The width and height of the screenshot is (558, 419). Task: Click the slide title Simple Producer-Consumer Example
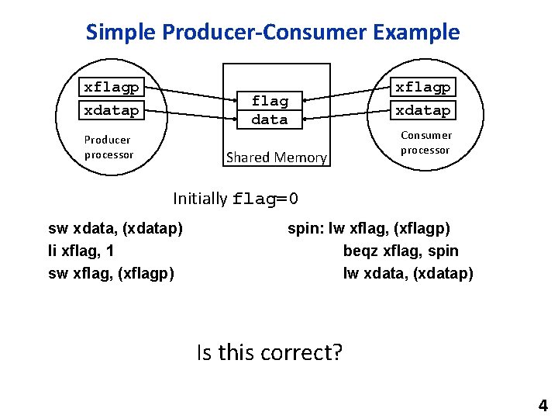273,33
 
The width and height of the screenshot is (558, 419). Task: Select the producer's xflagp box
112,87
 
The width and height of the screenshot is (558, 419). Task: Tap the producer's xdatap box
112,110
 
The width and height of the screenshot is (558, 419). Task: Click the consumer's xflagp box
423,87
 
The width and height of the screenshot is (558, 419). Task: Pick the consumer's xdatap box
423,110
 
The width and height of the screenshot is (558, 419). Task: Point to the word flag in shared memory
270,101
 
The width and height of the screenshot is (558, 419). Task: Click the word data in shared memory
270,119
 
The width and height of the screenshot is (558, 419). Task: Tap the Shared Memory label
276,158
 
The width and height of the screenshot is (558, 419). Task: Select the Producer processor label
108,147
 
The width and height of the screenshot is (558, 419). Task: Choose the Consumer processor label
426,142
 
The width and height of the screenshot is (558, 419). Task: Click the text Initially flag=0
236,199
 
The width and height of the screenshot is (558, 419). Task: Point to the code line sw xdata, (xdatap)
115,228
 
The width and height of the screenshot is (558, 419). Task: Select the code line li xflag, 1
81,251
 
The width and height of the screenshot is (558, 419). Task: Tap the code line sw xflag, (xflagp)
111,273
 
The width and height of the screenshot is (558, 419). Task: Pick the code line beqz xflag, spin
401,251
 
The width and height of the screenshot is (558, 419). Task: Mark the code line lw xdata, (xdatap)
408,273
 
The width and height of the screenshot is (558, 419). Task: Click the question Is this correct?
270,353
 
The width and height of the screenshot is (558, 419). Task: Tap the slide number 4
542,405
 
